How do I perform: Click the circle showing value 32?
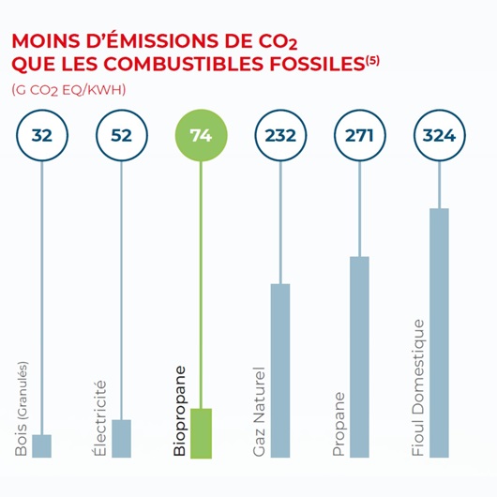click(x=41, y=136)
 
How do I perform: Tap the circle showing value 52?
click(x=121, y=136)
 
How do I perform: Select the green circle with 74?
click(x=201, y=136)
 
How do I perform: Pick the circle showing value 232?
click(x=280, y=136)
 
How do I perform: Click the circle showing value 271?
click(x=359, y=136)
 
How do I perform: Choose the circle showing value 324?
click(x=439, y=136)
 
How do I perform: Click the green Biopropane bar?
click(x=201, y=432)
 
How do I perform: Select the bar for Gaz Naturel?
click(x=280, y=369)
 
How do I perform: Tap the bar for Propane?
click(x=359, y=356)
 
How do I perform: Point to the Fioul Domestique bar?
click(x=439, y=332)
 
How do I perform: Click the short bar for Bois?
click(x=41, y=445)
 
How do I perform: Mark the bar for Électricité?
click(x=121, y=438)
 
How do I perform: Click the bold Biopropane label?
click(x=180, y=411)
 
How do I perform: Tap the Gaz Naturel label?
click(x=260, y=413)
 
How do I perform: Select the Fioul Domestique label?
click(x=418, y=388)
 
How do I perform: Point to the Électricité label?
click(x=100, y=418)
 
